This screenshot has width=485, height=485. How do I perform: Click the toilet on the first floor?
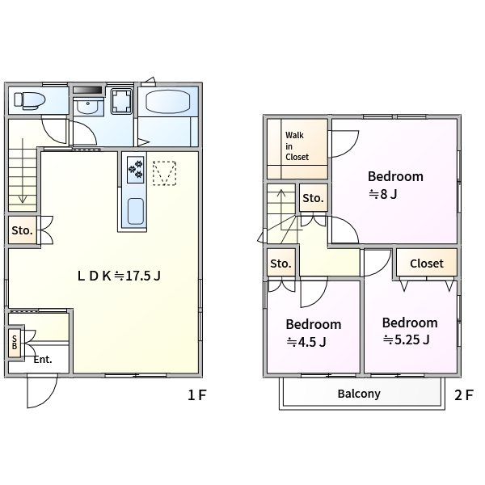tap(30, 100)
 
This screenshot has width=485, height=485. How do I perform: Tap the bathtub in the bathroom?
tap(167, 102)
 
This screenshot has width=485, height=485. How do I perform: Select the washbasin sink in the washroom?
tap(88, 106)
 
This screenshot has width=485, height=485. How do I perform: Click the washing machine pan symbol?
tap(121, 101)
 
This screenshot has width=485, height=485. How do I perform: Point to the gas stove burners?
tap(136, 170)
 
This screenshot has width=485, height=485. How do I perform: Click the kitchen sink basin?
tap(136, 211)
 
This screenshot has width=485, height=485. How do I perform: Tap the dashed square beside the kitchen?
tap(165, 173)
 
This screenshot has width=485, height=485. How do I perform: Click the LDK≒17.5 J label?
tap(119, 276)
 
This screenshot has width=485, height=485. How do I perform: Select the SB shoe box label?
tap(15, 343)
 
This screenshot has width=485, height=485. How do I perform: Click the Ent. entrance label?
tap(43, 360)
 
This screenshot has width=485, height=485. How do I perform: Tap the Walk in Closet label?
tap(297, 146)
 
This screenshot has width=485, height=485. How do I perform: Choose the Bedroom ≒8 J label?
tap(395, 185)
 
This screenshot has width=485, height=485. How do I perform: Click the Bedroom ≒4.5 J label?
tap(314, 333)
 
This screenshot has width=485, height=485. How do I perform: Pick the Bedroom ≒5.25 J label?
tap(410, 331)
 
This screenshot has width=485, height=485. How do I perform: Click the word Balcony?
tap(359, 394)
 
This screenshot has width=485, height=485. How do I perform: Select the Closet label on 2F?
tap(427, 264)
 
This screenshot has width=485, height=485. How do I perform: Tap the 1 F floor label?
tap(196, 395)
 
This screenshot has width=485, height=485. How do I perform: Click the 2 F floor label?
tap(464, 395)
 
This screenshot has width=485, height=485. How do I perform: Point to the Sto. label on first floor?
tap(22, 230)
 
